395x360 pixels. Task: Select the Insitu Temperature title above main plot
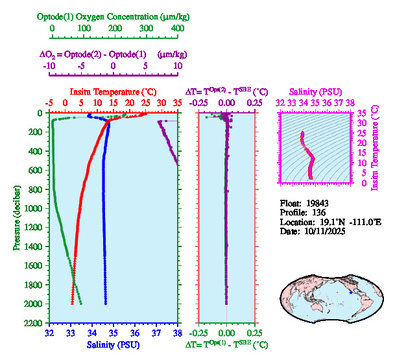point(114,91)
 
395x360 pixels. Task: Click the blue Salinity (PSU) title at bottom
point(114,344)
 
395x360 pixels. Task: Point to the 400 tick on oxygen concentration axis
point(178,29)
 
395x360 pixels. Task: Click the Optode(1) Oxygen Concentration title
point(114,16)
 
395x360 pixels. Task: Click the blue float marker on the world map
point(351,293)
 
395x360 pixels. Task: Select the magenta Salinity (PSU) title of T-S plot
point(316,91)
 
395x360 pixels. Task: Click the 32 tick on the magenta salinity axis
point(280,102)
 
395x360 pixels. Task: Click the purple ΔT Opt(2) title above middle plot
point(227,91)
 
